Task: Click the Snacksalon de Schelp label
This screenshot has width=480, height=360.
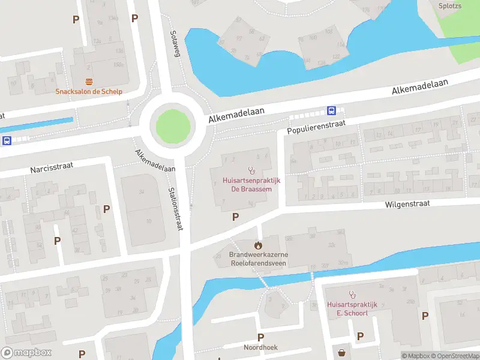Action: (89, 92)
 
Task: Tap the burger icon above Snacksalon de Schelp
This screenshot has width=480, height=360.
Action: (89, 82)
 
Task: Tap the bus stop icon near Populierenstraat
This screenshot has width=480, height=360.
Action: (331, 110)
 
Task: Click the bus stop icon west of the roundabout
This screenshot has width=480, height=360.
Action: (7, 141)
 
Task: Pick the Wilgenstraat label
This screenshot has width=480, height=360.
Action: (408, 204)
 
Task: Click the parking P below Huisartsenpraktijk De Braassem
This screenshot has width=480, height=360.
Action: (235, 217)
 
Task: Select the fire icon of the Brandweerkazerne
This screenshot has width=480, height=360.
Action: (258, 245)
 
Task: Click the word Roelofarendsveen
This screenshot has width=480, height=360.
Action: (258, 262)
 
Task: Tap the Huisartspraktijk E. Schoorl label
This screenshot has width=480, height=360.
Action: (352, 308)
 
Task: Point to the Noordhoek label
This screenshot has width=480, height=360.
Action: (260, 347)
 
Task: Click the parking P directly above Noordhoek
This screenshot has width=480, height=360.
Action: (260, 337)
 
